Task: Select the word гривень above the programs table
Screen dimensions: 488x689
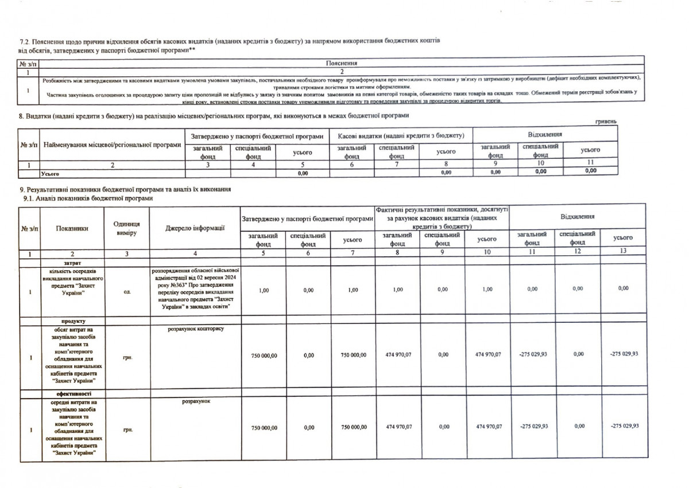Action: (x=606, y=122)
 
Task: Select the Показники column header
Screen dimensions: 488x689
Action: (x=72, y=228)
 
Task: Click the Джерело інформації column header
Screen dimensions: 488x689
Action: (x=195, y=229)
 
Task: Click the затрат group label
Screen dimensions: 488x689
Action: (x=72, y=261)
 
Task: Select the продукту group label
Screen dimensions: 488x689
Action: (x=72, y=321)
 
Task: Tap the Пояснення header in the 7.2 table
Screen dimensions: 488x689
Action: (x=342, y=63)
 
